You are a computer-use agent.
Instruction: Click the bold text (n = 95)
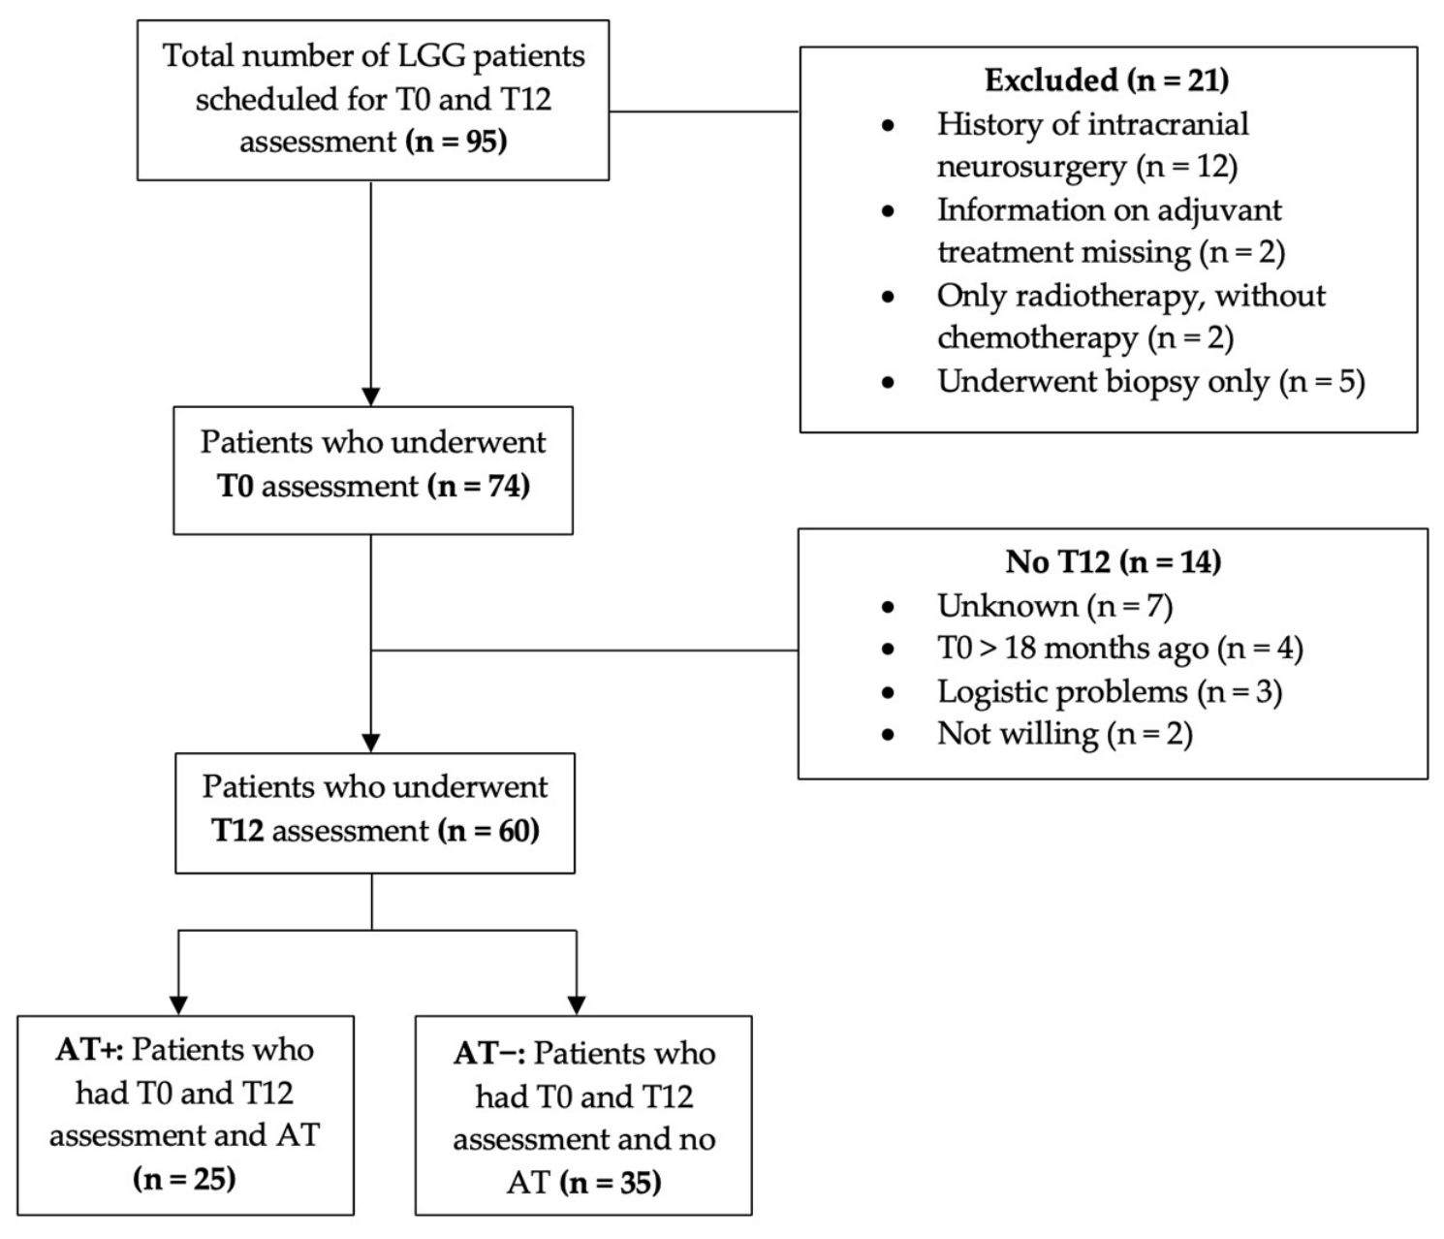pyautogui.click(x=456, y=142)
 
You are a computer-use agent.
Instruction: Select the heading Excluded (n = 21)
pyautogui.click(x=1107, y=79)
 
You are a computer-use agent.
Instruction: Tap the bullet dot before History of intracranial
pyautogui.click(x=888, y=125)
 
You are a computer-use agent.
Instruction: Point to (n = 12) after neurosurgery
pyautogui.click(x=1186, y=167)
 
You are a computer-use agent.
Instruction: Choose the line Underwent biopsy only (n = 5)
pyautogui.click(x=1150, y=382)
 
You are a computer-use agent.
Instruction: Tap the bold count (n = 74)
pyautogui.click(x=480, y=486)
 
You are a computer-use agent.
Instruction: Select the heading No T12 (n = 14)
pyautogui.click(x=1113, y=561)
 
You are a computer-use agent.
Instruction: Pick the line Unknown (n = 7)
pyautogui.click(x=1054, y=605)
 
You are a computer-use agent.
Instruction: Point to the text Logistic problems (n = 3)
pyautogui.click(x=1110, y=692)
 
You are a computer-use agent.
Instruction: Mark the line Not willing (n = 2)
pyautogui.click(x=1065, y=734)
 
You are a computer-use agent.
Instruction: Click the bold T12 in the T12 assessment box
pyautogui.click(x=237, y=831)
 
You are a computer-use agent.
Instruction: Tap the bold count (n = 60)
pyautogui.click(x=488, y=831)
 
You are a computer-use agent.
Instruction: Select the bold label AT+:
pyautogui.click(x=89, y=1049)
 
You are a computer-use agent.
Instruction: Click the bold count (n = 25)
pyautogui.click(x=184, y=1179)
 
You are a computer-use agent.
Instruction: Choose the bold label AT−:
pyautogui.click(x=489, y=1053)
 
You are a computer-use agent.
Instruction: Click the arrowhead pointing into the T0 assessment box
pyautogui.click(x=371, y=397)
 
